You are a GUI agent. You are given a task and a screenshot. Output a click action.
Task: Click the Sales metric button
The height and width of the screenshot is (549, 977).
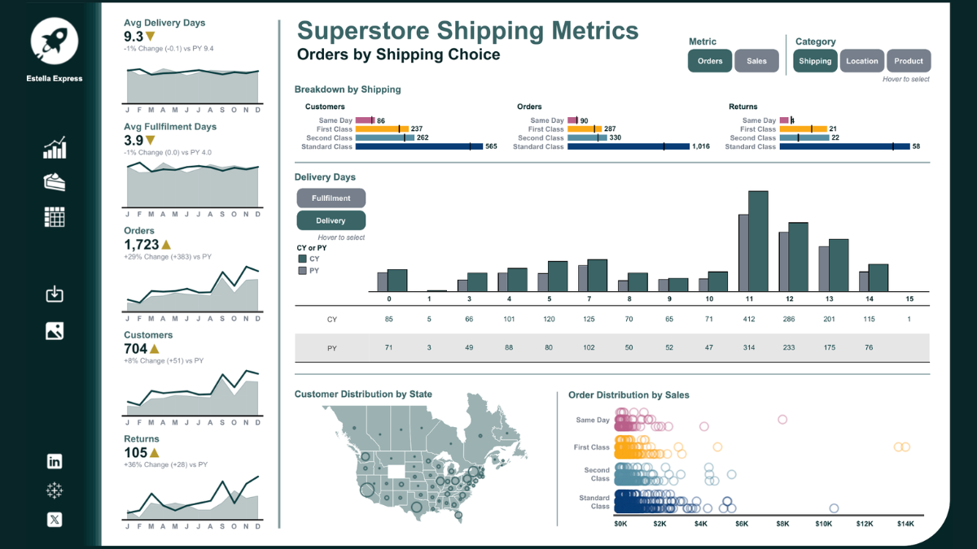[x=756, y=61]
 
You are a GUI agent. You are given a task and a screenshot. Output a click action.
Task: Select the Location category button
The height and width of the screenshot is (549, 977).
[x=861, y=61]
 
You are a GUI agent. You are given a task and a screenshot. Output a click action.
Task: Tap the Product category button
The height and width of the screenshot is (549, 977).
[x=909, y=61]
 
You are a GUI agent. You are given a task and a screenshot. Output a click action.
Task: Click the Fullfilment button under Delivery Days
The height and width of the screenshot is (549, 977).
[x=331, y=198]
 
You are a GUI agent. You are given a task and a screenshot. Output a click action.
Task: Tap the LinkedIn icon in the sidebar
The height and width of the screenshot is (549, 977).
[x=55, y=461]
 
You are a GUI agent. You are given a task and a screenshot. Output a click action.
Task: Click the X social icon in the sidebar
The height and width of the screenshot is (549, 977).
[x=55, y=520]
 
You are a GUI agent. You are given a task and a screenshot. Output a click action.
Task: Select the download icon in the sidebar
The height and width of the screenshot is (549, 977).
[x=55, y=294]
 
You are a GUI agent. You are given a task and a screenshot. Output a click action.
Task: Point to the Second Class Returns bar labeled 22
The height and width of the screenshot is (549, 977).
[x=804, y=138]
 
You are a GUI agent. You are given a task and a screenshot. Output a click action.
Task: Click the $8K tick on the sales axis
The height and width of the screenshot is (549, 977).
[x=782, y=524]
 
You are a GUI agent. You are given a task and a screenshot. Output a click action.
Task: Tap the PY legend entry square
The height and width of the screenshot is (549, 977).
[x=303, y=270]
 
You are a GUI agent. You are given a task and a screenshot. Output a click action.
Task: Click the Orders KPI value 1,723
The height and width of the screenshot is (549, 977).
[x=141, y=244]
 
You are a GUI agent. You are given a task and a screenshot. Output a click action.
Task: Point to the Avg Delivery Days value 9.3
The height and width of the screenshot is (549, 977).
[x=134, y=37]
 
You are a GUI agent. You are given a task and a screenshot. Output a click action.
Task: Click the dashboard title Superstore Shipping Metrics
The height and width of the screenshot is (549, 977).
[x=467, y=31]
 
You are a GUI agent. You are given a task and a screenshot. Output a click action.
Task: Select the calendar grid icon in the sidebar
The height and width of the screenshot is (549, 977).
[x=55, y=216]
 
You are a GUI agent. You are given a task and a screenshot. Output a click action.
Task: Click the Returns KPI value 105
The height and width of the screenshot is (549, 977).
[x=135, y=452]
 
